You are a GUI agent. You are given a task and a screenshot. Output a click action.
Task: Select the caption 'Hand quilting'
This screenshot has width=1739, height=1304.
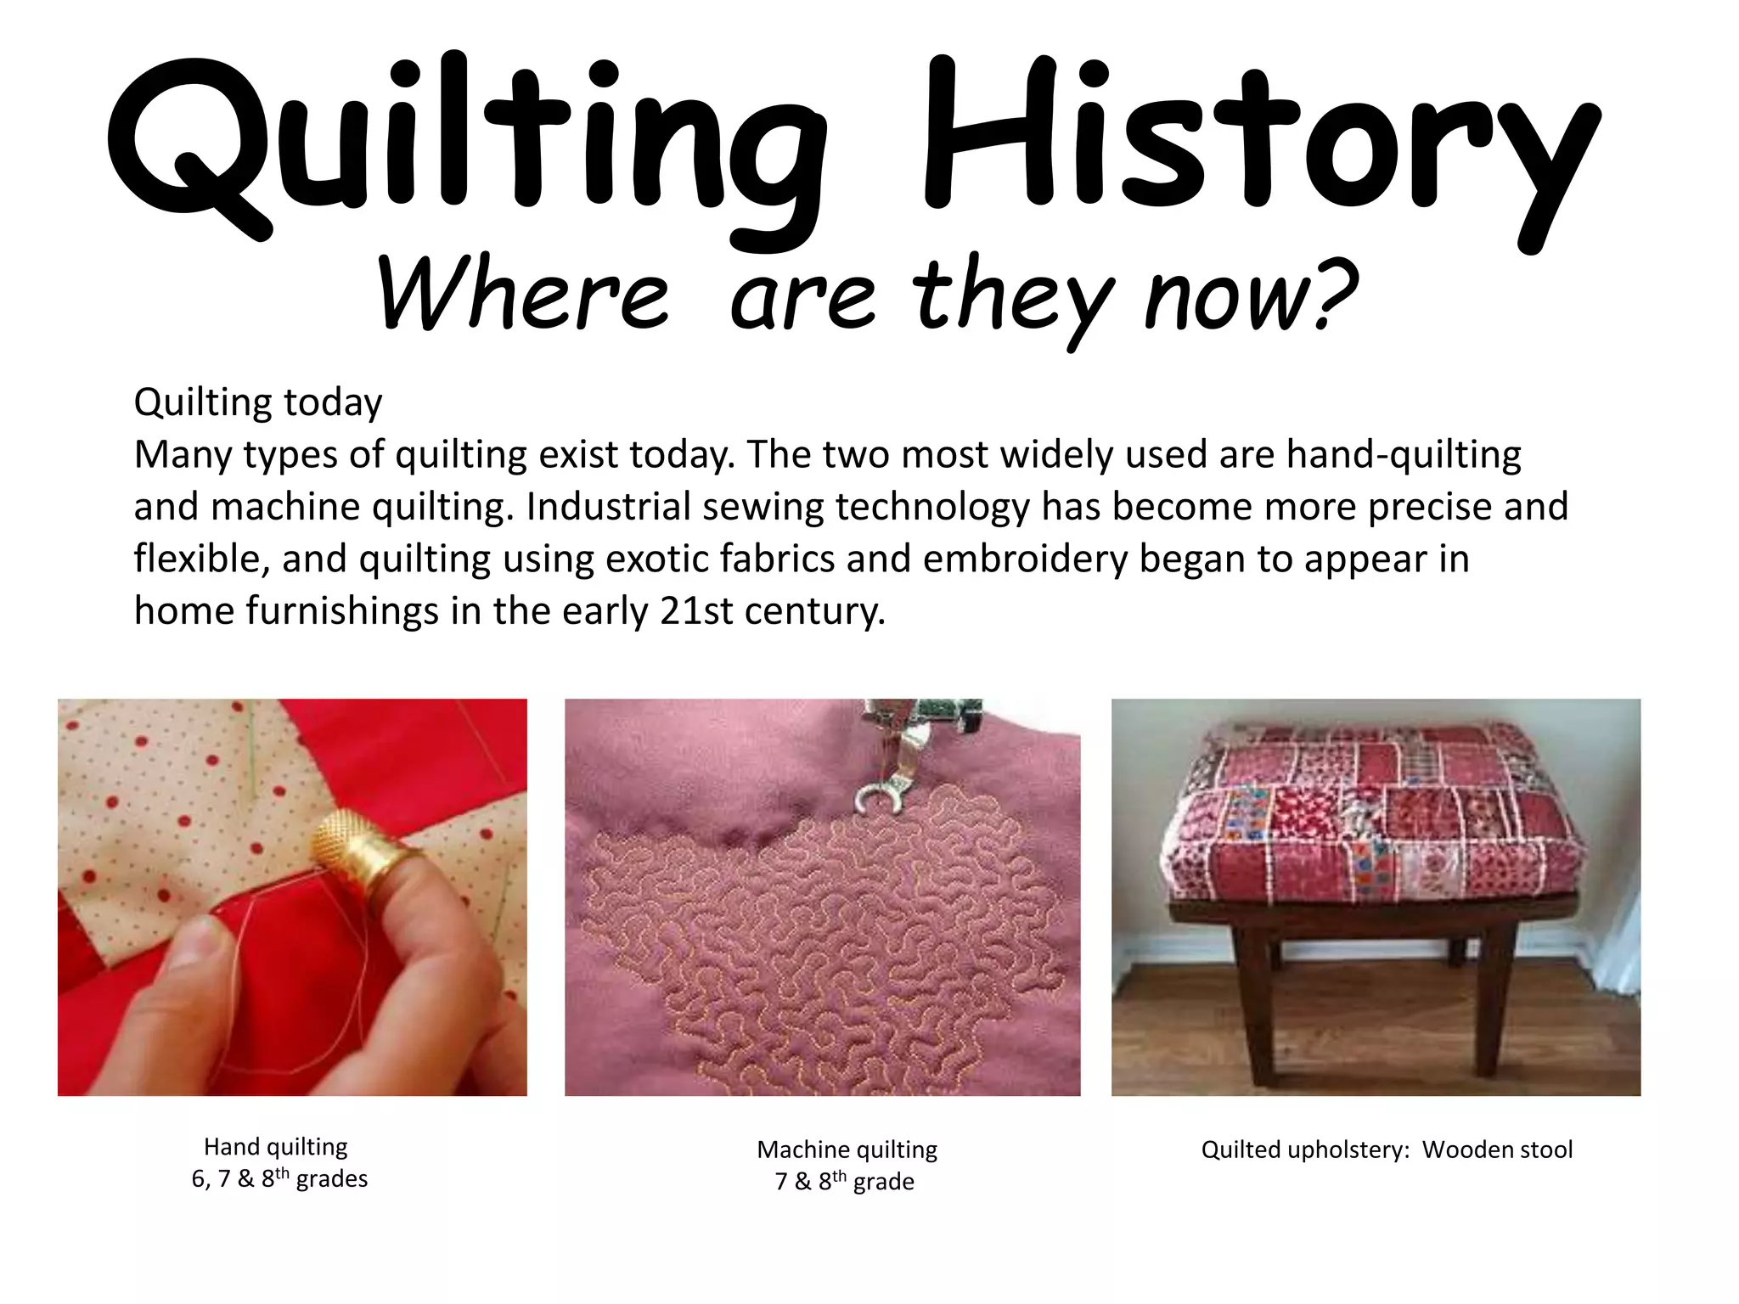pyautogui.click(x=276, y=1147)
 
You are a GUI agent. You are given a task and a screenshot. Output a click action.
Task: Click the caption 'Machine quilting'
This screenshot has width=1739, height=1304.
pyautogui.click(x=847, y=1149)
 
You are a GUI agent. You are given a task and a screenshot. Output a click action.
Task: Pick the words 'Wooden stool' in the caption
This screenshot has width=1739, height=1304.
pyautogui.click(x=1497, y=1149)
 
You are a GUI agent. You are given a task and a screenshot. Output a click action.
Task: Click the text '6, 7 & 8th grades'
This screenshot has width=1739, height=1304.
pyautogui.click(x=279, y=1178)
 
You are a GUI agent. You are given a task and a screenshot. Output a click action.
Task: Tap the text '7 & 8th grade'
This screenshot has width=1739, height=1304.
pyautogui.click(x=845, y=1181)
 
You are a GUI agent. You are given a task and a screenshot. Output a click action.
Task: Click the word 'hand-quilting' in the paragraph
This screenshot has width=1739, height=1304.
pyautogui.click(x=1404, y=455)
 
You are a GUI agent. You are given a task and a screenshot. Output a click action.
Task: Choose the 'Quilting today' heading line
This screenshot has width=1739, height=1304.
pyautogui.click(x=258, y=402)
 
